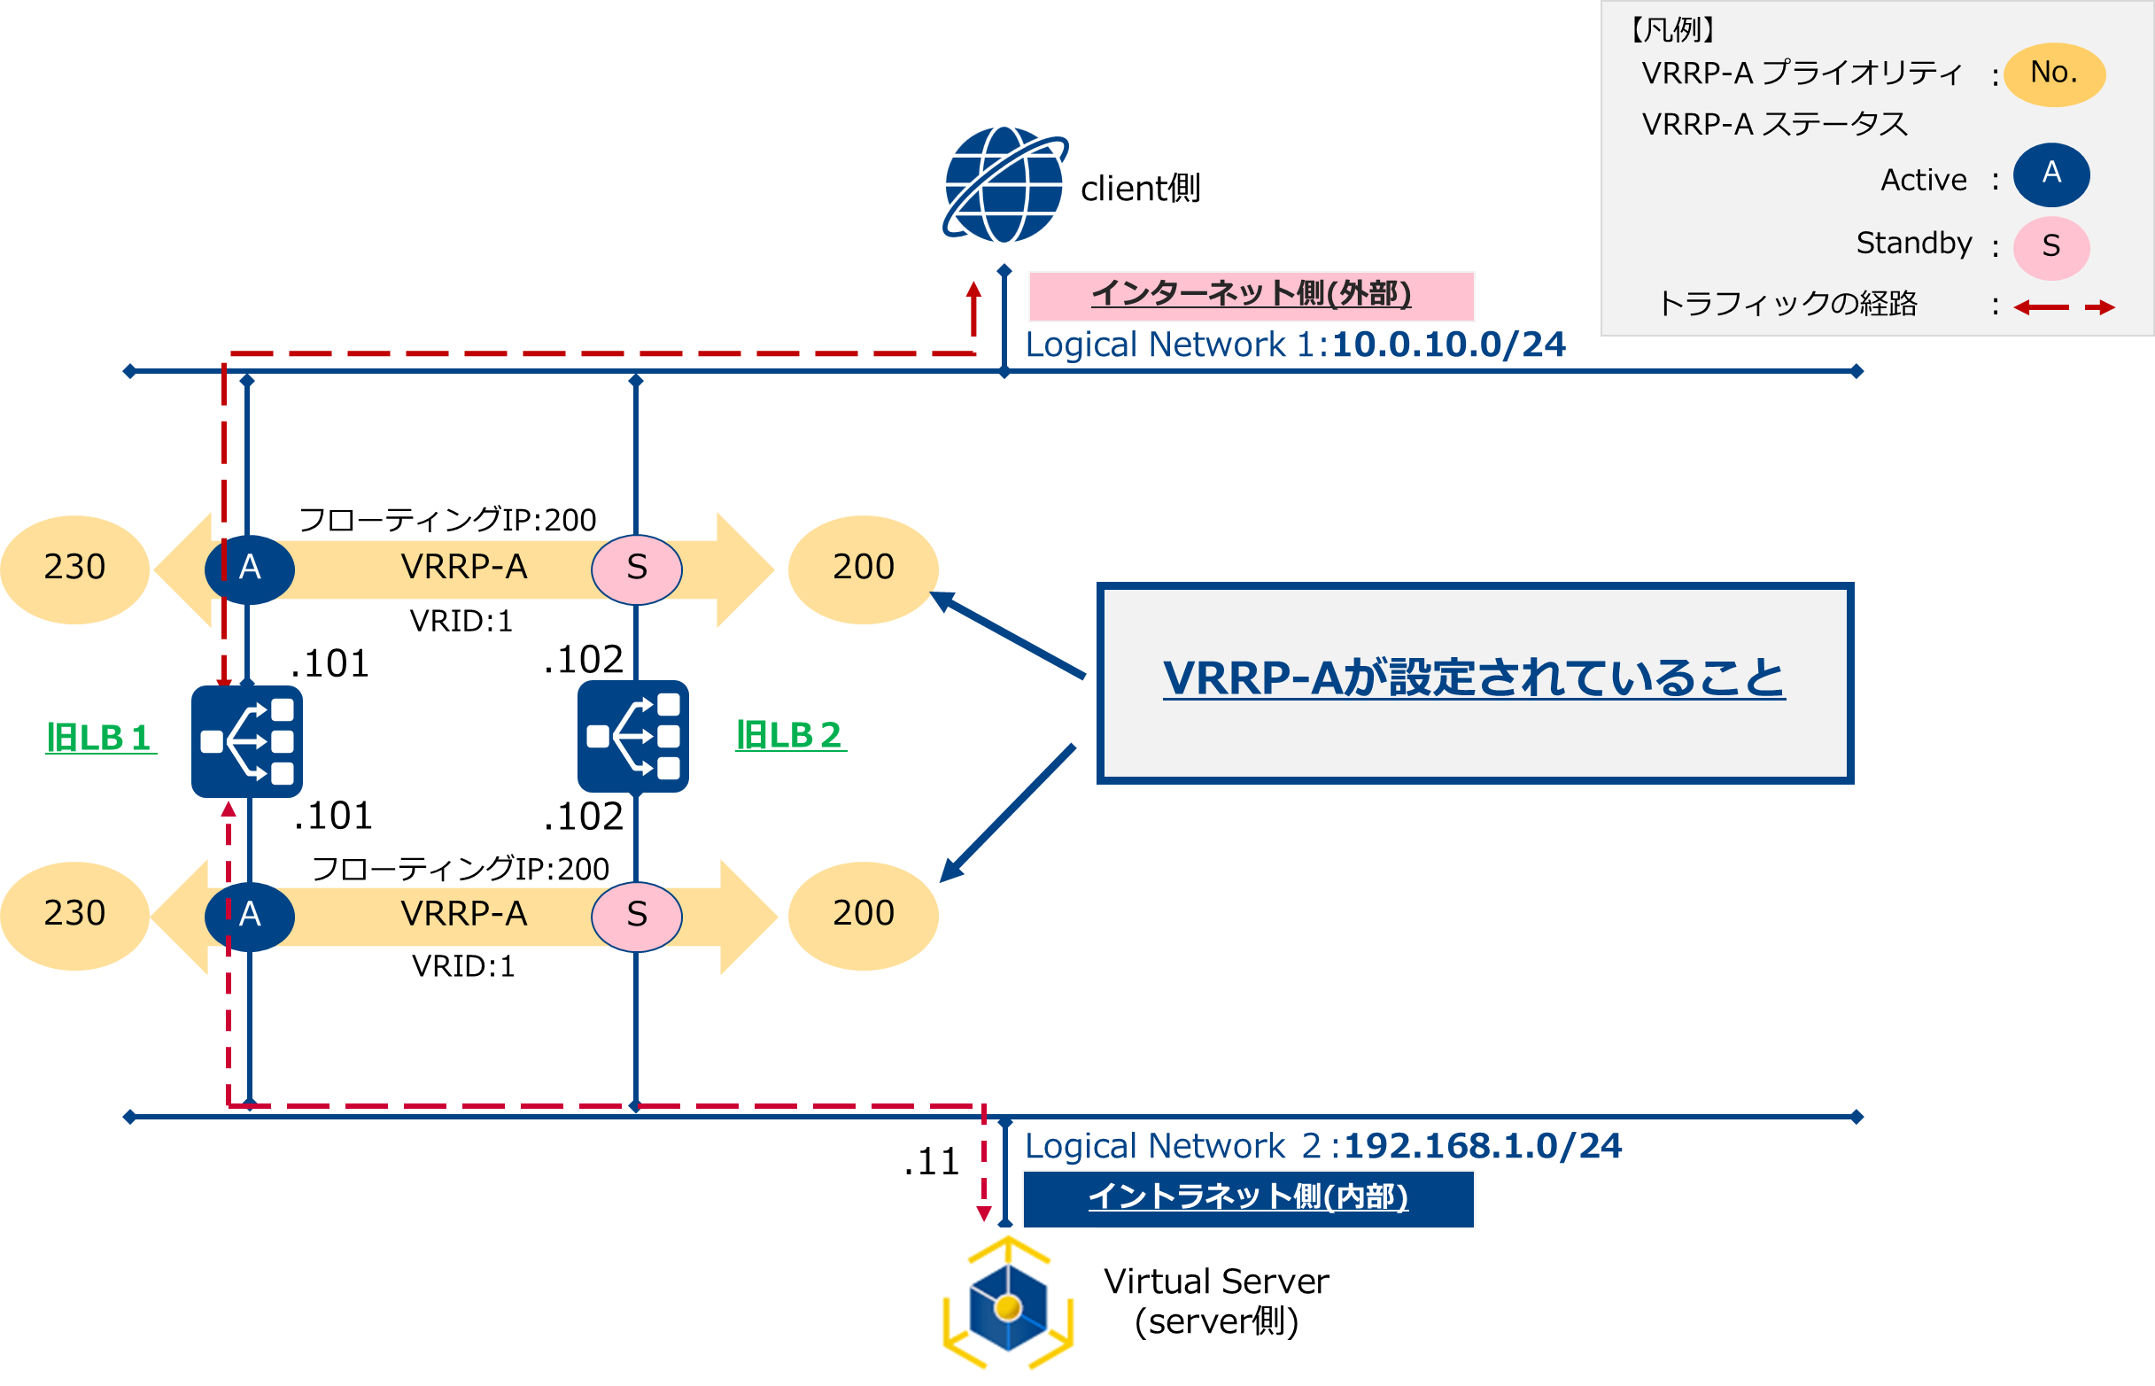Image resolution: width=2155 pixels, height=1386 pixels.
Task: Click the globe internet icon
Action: point(1004,184)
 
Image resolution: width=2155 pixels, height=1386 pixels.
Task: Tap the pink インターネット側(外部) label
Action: point(1251,295)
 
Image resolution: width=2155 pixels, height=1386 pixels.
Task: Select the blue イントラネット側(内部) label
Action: point(1248,1198)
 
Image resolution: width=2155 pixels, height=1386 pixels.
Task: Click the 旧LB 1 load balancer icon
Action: point(246,740)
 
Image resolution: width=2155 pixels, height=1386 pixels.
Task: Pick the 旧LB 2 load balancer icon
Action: point(632,736)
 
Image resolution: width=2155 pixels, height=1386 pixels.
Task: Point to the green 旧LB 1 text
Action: point(100,737)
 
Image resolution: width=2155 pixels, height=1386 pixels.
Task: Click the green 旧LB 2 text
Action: point(790,735)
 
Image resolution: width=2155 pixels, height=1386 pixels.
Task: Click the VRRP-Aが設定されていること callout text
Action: point(1474,678)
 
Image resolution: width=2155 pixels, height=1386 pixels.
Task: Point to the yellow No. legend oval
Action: point(2053,74)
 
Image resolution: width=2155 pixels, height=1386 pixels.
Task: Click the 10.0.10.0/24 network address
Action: point(1448,345)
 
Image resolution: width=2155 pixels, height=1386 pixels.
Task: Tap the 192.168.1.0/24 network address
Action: point(1482,1147)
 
